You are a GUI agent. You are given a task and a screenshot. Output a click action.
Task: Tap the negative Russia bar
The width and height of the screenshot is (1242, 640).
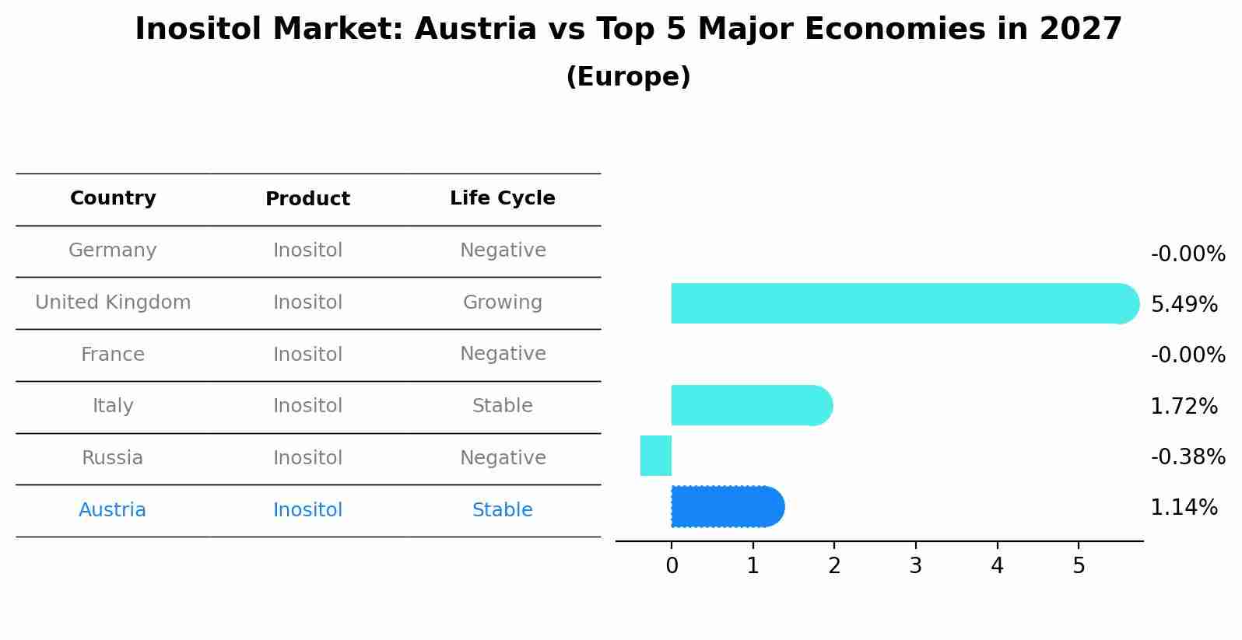(x=656, y=456)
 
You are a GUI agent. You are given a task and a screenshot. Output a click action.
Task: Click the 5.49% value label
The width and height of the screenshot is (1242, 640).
(x=1184, y=305)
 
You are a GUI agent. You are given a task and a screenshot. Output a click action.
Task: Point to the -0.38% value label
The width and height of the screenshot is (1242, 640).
(x=1188, y=457)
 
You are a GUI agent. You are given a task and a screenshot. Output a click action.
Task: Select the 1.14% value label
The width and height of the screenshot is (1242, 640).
(x=1184, y=508)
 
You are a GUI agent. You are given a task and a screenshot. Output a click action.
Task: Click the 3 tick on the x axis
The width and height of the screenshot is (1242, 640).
(x=916, y=566)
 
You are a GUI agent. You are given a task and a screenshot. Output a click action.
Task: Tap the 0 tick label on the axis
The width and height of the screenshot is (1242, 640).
(x=672, y=566)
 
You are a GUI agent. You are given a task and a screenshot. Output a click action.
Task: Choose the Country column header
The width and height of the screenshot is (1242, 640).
(x=113, y=198)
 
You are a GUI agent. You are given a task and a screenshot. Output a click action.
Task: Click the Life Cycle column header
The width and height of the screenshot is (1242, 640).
(x=503, y=198)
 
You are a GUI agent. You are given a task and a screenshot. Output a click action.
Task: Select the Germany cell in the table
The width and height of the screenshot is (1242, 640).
(x=113, y=250)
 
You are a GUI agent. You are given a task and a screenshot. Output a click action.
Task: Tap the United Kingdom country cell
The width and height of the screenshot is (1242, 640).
(x=113, y=303)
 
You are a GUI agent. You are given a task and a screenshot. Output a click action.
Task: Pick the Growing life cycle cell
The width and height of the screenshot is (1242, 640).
(x=503, y=303)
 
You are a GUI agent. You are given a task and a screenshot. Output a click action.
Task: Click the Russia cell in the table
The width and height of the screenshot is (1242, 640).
(x=113, y=458)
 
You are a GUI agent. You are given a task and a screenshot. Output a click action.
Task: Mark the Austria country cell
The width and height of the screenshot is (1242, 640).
(x=113, y=510)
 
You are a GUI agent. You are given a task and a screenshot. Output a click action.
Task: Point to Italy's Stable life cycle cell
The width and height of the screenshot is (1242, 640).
(x=503, y=406)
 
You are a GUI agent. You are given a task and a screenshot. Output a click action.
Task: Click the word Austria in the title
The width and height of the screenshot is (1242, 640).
(x=475, y=30)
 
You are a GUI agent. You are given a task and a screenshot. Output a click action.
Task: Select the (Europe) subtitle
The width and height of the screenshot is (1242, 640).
(x=628, y=77)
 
